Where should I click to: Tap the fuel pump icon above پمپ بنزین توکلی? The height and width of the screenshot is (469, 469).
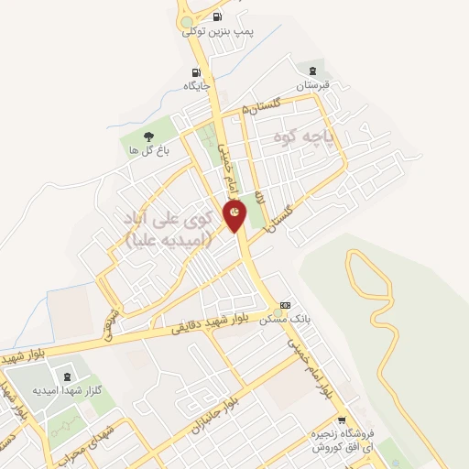pos(217,17)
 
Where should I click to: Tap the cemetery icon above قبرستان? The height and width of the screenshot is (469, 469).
pos(313,71)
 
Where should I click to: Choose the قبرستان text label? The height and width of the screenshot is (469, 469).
pos(313,84)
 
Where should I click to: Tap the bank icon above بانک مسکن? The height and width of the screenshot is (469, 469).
pos(286,305)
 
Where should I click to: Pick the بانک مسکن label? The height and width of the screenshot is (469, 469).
pos(285,319)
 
